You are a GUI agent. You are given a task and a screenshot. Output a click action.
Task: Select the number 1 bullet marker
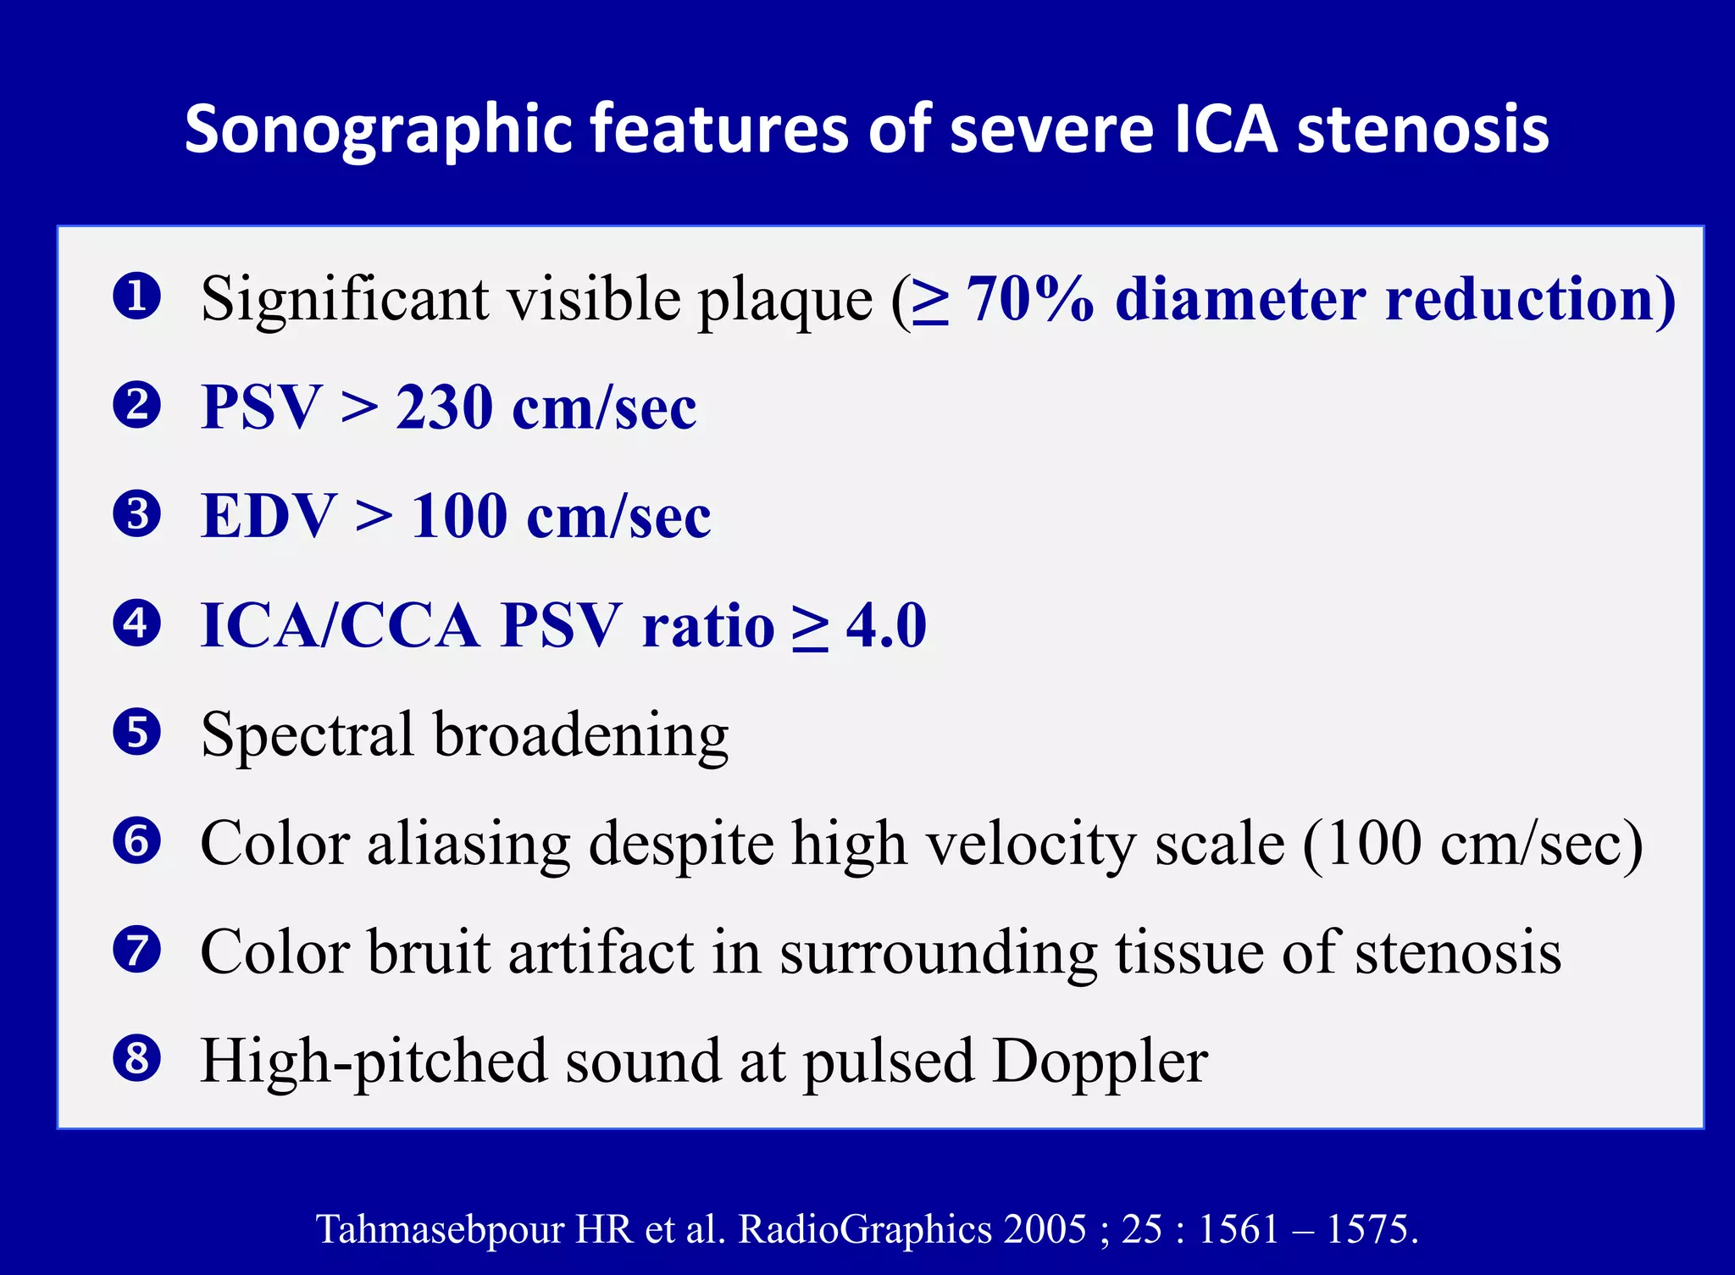coord(136,297)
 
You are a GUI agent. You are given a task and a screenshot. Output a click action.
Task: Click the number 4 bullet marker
coord(136,624)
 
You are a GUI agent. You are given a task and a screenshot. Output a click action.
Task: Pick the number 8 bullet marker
coord(136,1059)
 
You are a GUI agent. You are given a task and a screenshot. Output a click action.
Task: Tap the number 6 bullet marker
coord(136,841)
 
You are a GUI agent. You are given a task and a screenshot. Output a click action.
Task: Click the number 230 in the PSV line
coord(444,407)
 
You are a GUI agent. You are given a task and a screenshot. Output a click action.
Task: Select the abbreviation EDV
coord(269,516)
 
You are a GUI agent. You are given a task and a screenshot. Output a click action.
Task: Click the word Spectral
coord(307,734)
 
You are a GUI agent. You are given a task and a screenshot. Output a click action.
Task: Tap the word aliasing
coord(468,844)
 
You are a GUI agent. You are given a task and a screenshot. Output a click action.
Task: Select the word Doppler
coord(1100,1062)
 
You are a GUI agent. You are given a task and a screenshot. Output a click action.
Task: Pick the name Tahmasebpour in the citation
coord(440,1228)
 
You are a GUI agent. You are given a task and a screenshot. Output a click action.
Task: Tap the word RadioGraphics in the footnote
coord(865,1228)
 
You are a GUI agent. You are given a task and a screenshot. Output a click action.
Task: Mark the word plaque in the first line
coord(784,301)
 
